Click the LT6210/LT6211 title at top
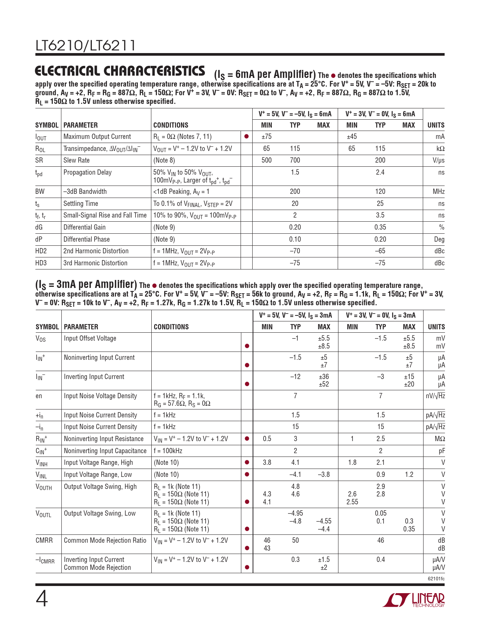click(x=85, y=46)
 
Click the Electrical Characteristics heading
click(x=120, y=71)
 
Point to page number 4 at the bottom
click(x=42, y=600)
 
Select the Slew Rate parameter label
click(x=76, y=160)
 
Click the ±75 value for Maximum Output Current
click(x=267, y=137)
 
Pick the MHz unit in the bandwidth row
click(x=439, y=192)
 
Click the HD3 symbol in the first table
click(x=41, y=263)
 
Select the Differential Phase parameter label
click(x=87, y=239)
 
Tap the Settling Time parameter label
click(x=81, y=204)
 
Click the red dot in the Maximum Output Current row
click(x=246, y=137)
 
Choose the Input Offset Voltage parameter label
click(x=90, y=338)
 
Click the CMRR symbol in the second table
click(x=44, y=540)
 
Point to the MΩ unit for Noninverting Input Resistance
click(x=440, y=439)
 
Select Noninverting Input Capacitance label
click(x=105, y=451)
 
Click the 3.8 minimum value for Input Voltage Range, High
click(x=267, y=463)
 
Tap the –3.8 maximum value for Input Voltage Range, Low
click(x=324, y=475)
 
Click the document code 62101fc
click(x=436, y=578)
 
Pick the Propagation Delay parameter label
click(x=87, y=172)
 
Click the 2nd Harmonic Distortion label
click(x=96, y=251)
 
